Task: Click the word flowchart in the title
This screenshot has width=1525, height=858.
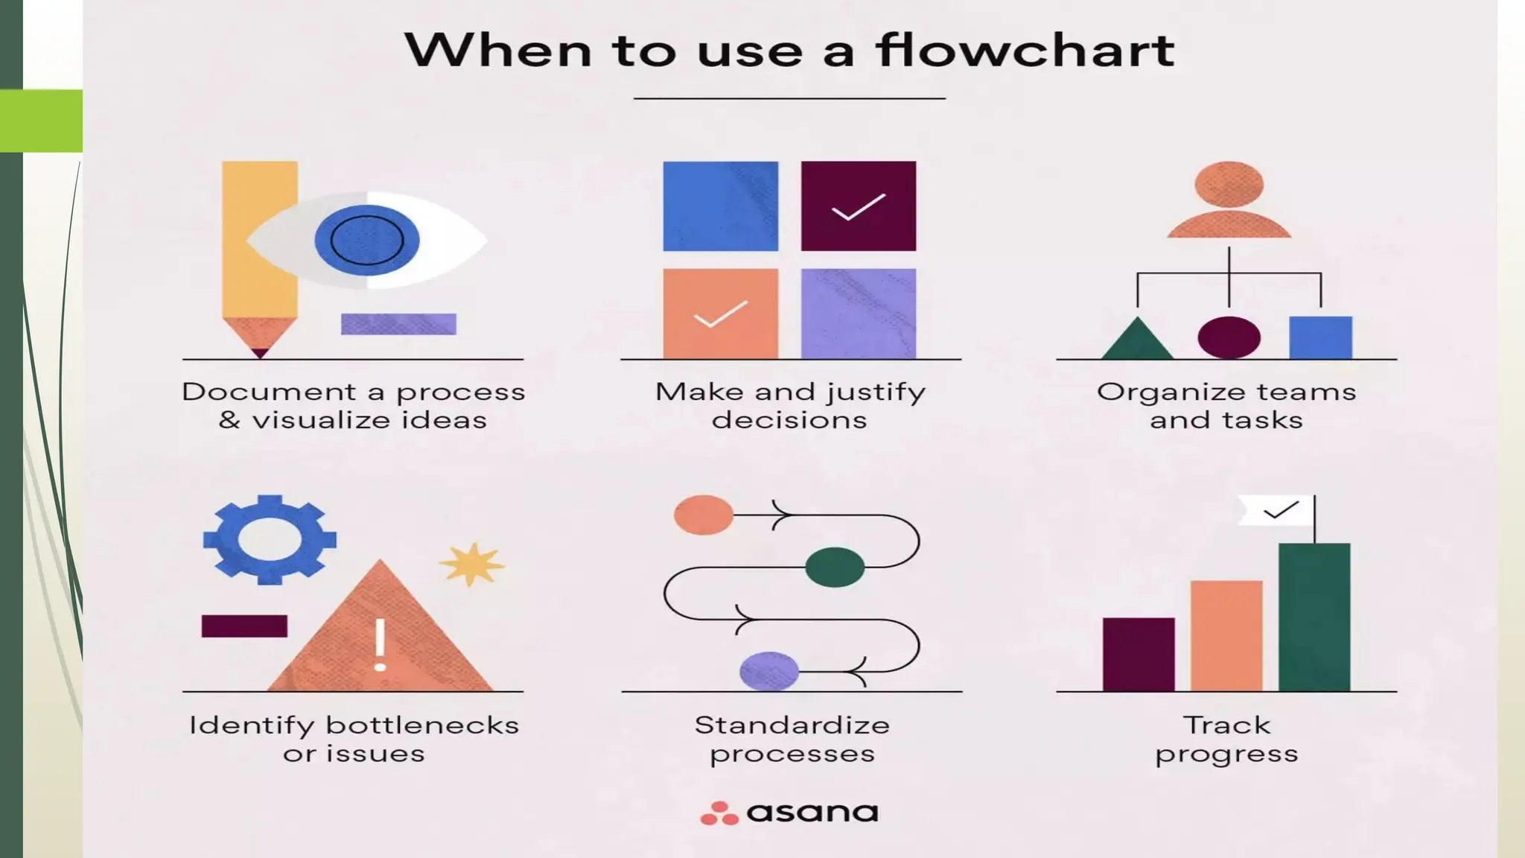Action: (1025, 51)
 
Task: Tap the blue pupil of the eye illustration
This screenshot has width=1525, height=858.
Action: (366, 240)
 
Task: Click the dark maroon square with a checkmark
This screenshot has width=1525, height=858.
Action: (858, 206)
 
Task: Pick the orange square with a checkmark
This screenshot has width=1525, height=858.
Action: (720, 314)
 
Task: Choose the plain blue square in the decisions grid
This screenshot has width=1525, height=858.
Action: (720, 206)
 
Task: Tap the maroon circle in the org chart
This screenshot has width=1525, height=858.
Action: (1229, 337)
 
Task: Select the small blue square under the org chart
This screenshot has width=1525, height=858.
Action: (1320, 337)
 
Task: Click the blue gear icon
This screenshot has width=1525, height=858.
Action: (270, 539)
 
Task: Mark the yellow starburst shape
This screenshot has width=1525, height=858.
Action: (472, 564)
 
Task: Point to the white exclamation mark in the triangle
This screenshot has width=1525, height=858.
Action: (380, 645)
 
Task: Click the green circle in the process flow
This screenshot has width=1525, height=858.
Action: (835, 567)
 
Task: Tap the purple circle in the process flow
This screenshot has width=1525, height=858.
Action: (769, 670)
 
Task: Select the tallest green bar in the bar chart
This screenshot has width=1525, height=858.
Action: (1314, 617)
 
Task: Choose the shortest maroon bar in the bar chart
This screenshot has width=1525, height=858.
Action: (1139, 654)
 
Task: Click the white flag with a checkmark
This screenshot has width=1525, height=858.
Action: (1276, 511)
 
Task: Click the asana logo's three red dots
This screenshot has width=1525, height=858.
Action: (719, 813)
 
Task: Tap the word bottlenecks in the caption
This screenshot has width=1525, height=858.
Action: (422, 725)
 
